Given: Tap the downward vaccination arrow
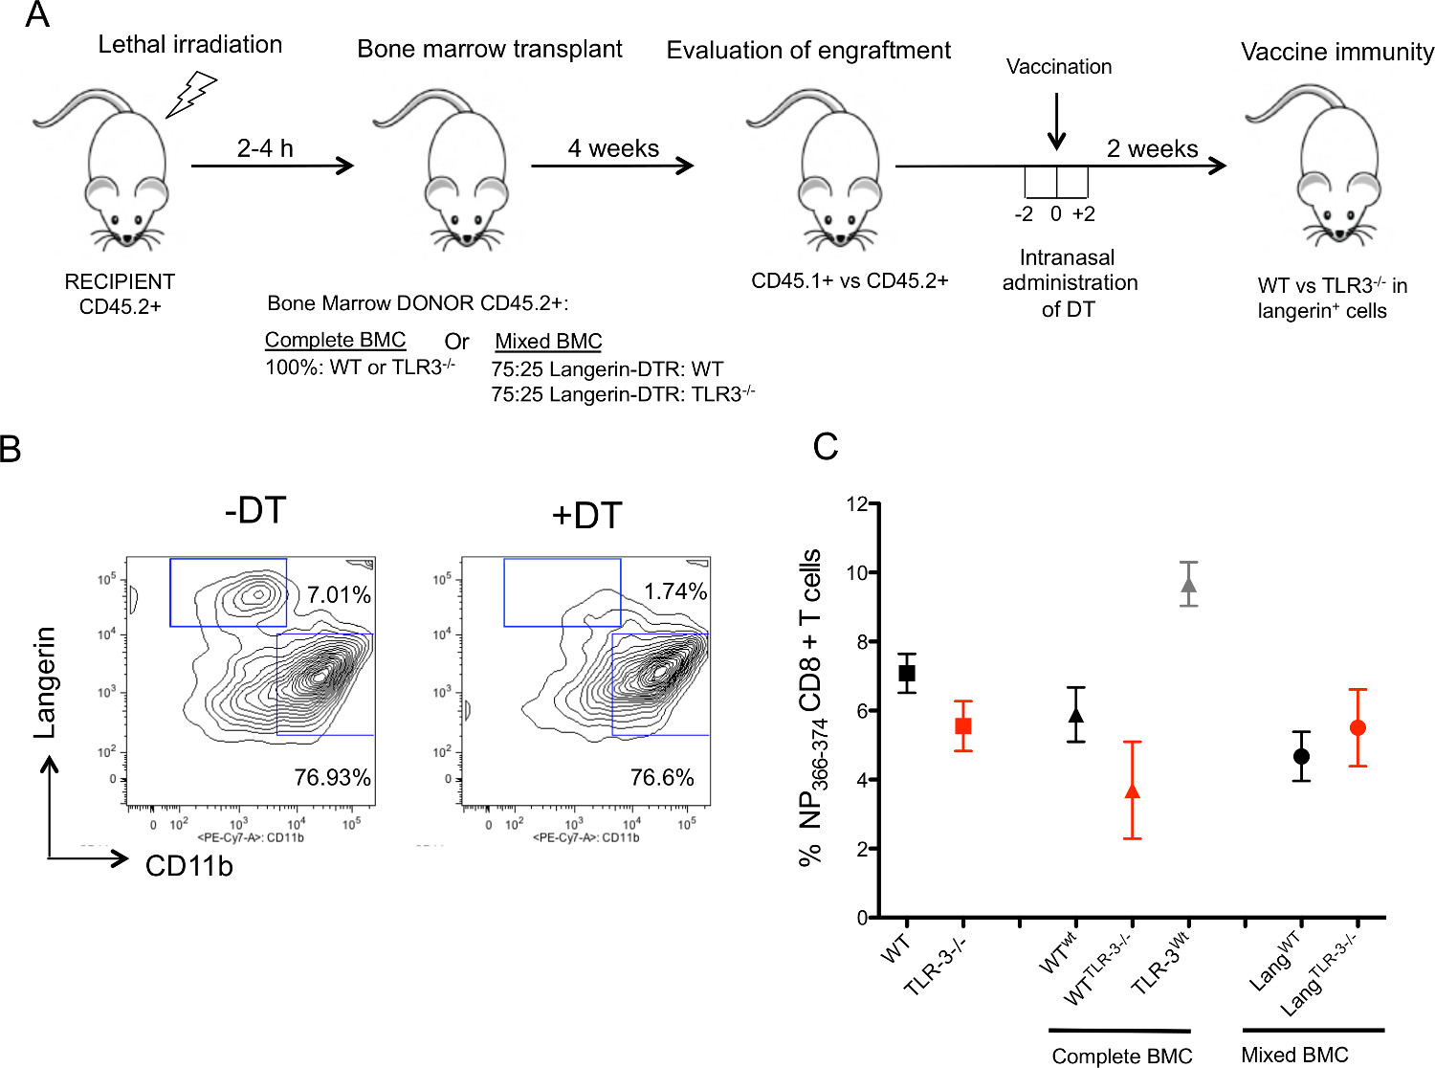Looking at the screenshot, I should (1056, 122).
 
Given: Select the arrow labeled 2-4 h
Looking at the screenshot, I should (273, 166).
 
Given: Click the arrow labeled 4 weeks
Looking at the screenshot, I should (612, 166).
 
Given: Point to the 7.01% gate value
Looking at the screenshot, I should (339, 595).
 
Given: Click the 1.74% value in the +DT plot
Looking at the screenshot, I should (675, 591).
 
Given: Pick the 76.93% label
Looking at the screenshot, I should (332, 777).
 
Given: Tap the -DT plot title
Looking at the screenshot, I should (255, 511).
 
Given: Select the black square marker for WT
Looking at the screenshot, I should (907, 674).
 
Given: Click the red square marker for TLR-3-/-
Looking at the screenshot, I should (963, 726).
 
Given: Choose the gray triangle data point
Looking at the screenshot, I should (1189, 585).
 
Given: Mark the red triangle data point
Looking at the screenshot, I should (1133, 791).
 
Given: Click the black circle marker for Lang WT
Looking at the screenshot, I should (1301, 757).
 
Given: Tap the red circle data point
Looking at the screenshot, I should (1358, 728).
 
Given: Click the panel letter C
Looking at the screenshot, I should (825, 447).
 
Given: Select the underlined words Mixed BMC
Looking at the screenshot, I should (548, 342).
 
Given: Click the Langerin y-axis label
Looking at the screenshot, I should (44, 682).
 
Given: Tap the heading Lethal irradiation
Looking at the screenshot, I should (190, 44).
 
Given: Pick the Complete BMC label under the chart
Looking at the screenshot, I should (1121, 1056).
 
